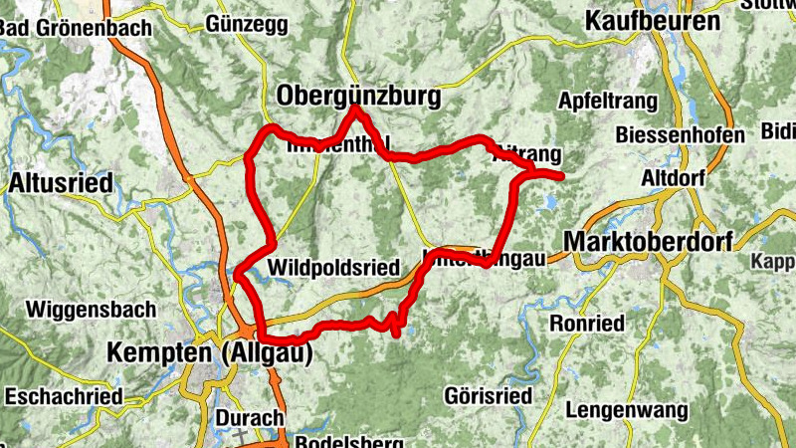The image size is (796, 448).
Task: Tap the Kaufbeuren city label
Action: (x=652, y=21)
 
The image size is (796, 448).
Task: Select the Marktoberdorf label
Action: (x=647, y=241)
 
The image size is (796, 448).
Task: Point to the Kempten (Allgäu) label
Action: (x=210, y=352)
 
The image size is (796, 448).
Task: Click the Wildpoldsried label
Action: (x=333, y=267)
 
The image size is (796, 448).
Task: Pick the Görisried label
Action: (x=489, y=394)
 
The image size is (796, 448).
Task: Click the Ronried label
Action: (x=587, y=324)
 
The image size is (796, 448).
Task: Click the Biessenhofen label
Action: (x=680, y=134)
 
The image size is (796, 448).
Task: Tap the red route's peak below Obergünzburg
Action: (x=354, y=109)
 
